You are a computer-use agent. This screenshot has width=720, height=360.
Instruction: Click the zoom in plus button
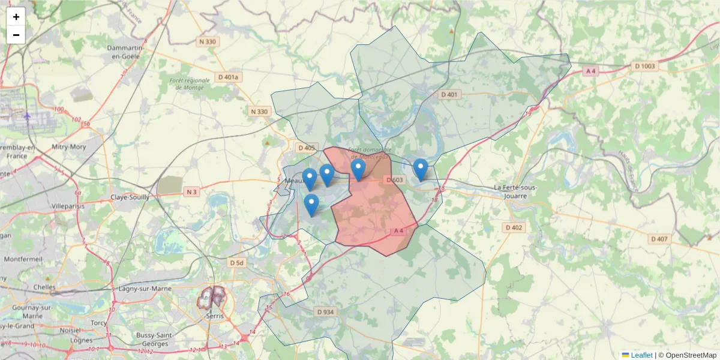pyautogui.click(x=16, y=17)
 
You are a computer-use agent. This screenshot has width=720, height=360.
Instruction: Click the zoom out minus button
pyautogui.click(x=16, y=35)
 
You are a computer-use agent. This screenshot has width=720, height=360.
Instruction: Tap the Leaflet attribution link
pyautogui.click(x=641, y=355)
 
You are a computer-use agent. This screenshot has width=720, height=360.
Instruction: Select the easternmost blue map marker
pyautogui.click(x=421, y=169)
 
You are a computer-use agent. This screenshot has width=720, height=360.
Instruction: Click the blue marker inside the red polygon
pyautogui.click(x=358, y=169)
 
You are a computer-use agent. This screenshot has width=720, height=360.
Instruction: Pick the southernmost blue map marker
pyautogui.click(x=311, y=205)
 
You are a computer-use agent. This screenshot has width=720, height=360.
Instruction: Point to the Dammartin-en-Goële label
pyautogui.click(x=123, y=52)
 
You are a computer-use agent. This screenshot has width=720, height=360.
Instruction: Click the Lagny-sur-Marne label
pyautogui.click(x=146, y=289)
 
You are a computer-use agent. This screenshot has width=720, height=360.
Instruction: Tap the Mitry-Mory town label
pyautogui.click(x=69, y=146)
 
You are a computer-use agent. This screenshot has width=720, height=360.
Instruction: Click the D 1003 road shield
pyautogui.click(x=646, y=66)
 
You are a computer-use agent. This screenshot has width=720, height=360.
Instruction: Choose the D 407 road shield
pyautogui.click(x=659, y=239)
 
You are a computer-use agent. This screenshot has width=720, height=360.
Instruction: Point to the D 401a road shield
pyautogui.click(x=228, y=77)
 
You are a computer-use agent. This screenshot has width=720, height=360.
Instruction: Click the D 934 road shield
pyautogui.click(x=325, y=311)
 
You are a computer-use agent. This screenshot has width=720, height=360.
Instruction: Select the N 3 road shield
pyautogui.click(x=191, y=192)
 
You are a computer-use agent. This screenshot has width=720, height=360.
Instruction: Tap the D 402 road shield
pyautogui.click(x=514, y=227)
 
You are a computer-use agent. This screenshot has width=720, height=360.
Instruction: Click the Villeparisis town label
pyautogui.click(x=68, y=206)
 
